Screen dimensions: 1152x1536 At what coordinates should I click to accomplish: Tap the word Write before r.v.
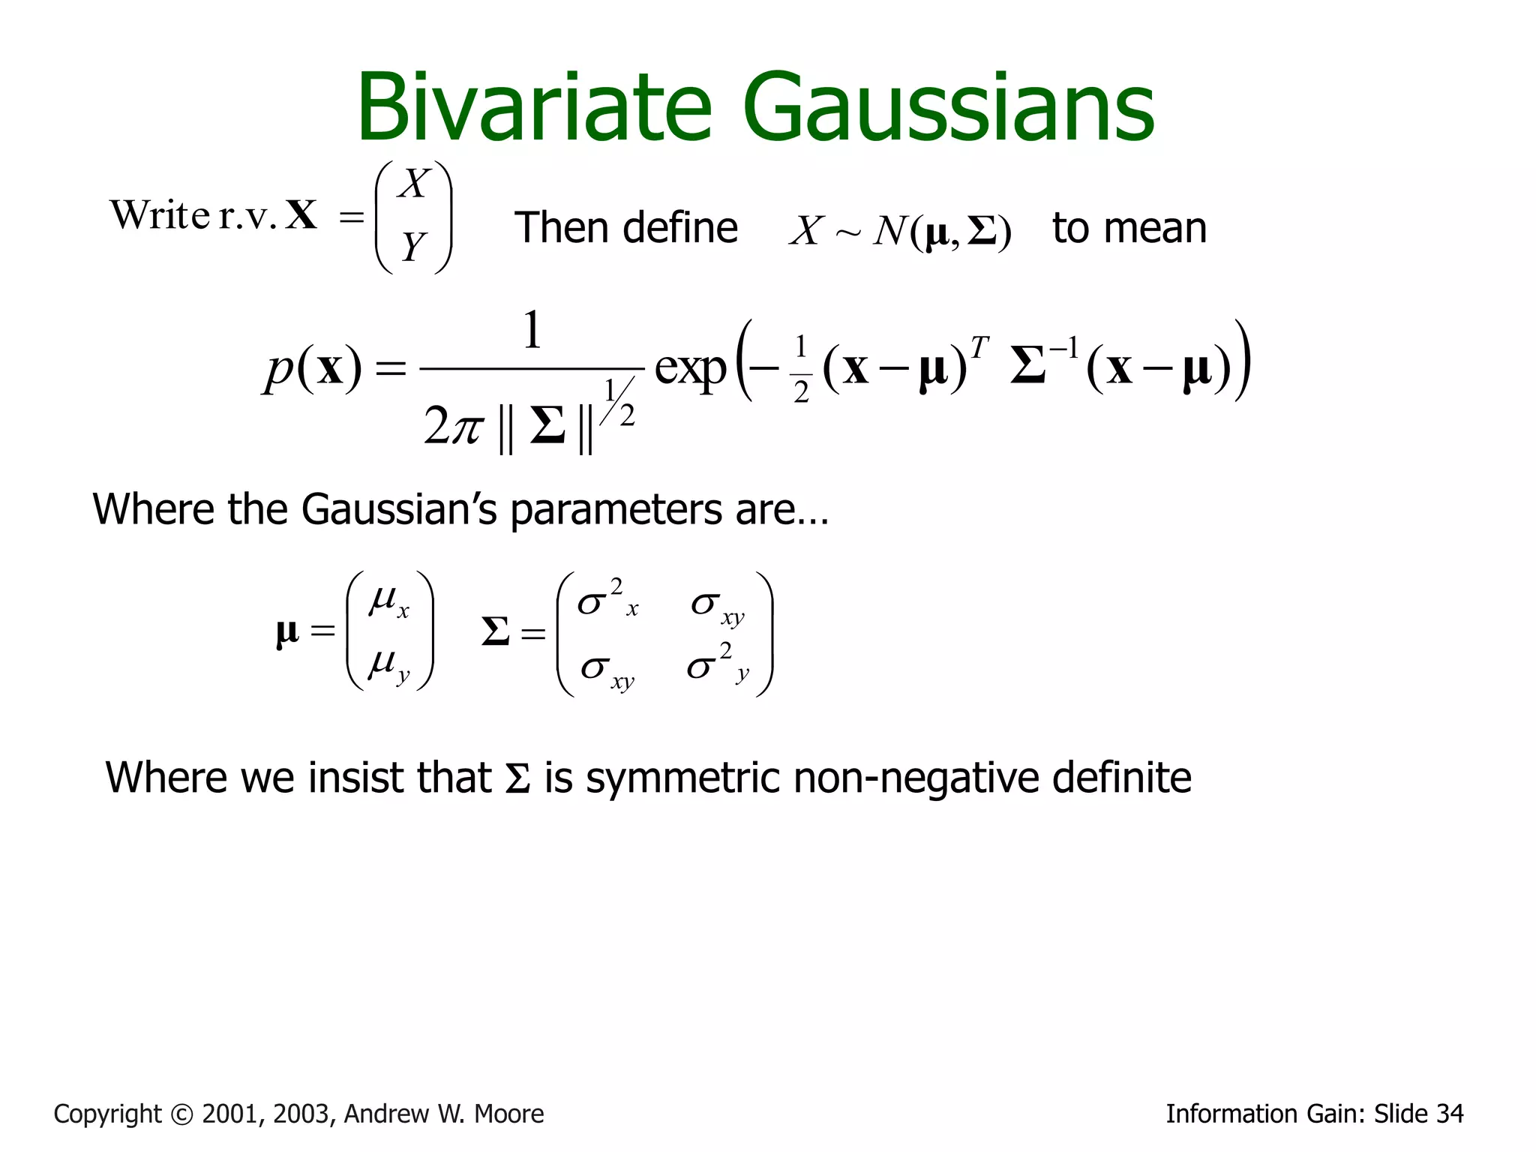click(160, 215)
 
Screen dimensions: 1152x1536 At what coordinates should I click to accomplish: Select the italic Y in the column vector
click(413, 246)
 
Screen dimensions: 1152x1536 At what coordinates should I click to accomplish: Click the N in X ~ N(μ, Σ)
click(890, 230)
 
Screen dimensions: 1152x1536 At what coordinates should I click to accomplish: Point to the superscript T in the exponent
click(979, 347)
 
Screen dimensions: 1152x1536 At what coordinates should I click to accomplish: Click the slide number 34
click(1448, 1114)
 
